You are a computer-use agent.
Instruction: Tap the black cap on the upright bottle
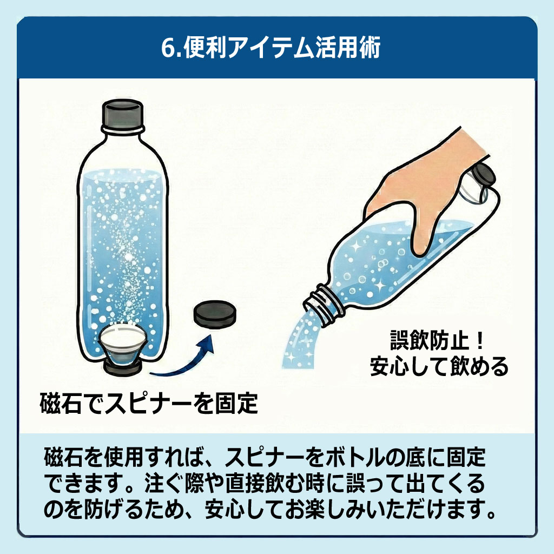123,115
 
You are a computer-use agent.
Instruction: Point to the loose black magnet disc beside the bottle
215,315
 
